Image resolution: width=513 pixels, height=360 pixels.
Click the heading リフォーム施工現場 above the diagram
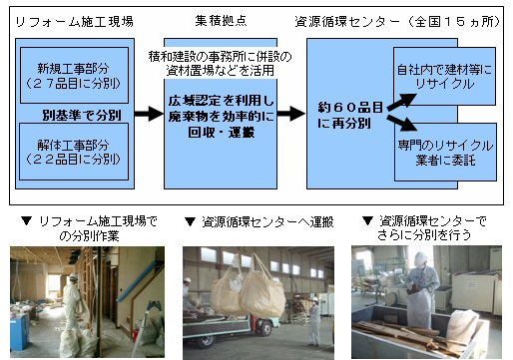pos(75,22)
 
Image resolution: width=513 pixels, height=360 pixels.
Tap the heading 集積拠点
pos(221,21)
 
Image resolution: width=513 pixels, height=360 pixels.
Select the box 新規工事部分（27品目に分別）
pos(74,75)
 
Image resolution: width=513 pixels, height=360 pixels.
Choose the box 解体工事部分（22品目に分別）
pos(74,152)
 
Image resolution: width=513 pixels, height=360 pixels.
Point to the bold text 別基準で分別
pos(82,116)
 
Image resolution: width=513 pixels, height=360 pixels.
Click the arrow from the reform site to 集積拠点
pos(149,114)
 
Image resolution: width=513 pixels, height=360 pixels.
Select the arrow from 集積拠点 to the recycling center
pos(290,114)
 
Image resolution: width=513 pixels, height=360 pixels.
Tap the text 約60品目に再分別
pos(350,115)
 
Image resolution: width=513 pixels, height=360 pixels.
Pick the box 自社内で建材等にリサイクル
pos(444,76)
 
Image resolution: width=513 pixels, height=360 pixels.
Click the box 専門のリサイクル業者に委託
pos(445,153)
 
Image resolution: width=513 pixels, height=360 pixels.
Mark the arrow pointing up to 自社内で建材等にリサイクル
pos(402,102)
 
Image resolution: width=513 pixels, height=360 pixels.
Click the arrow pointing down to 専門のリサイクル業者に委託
pos(402,123)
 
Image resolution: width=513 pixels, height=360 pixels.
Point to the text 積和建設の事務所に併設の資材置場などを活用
pos(220,63)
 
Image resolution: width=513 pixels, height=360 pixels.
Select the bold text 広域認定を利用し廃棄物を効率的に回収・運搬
pos(222,116)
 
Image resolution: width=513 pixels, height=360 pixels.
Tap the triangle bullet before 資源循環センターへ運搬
pos(190,221)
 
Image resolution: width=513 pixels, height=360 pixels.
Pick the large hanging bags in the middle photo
pos(249,286)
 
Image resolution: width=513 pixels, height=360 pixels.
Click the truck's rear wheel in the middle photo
pos(265,329)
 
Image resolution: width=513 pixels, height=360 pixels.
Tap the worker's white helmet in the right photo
pos(420,258)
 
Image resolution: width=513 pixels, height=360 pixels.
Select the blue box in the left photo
pos(20,332)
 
